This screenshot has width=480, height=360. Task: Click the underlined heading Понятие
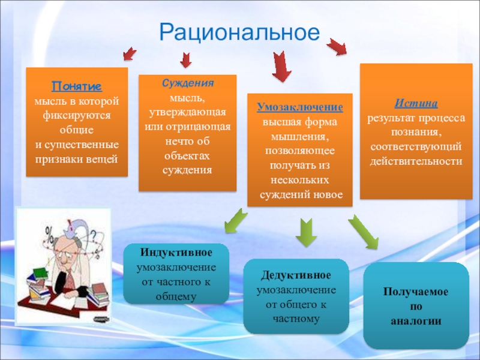tap(76, 86)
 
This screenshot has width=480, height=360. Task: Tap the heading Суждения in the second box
tap(187, 83)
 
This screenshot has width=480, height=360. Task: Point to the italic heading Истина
tap(416, 103)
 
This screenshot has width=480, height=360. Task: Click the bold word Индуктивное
tap(176, 251)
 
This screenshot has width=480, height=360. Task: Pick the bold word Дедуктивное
tap(296, 275)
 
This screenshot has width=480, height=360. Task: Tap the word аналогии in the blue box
tap(416, 321)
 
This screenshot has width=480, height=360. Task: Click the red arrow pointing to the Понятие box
tap(128, 55)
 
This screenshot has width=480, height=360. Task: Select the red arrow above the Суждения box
tap(186, 59)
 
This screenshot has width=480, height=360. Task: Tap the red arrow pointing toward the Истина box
tap(337, 46)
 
